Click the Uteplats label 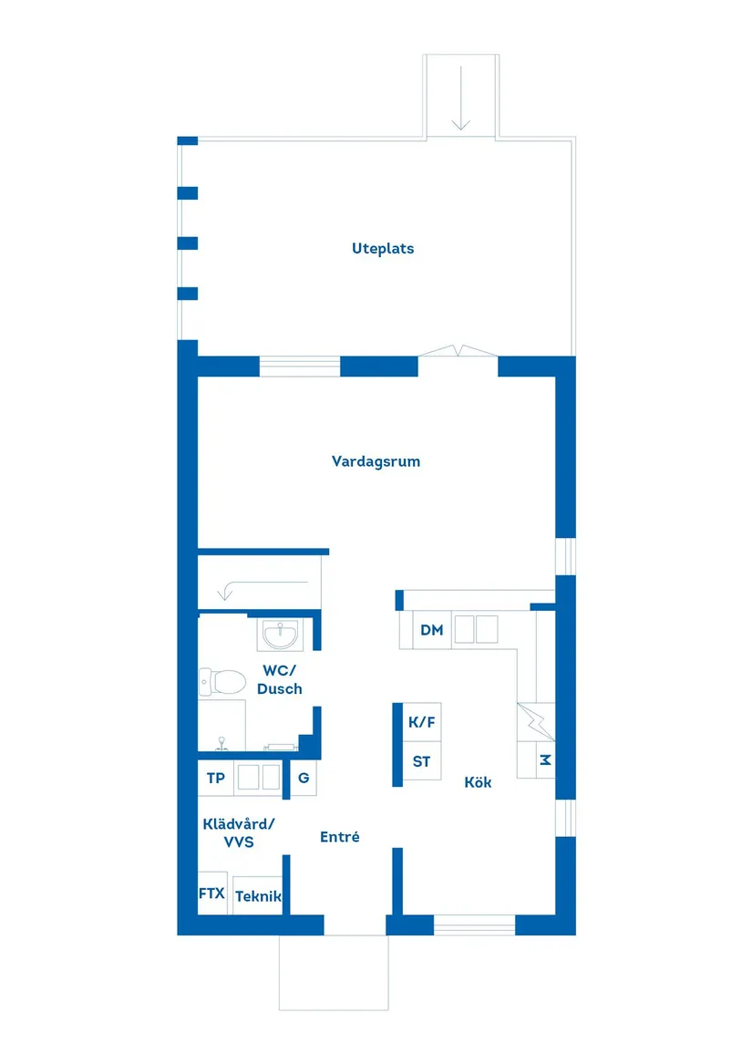[x=383, y=248]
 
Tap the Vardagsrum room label [x=376, y=461]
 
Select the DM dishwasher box [x=432, y=630]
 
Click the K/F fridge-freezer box [x=421, y=722]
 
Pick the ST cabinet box [x=421, y=762]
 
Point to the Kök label [x=478, y=782]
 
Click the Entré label [x=339, y=836]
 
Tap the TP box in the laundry [x=216, y=778]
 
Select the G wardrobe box [x=304, y=778]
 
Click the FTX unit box [x=211, y=894]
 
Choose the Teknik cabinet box [x=257, y=896]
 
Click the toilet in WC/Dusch [x=224, y=680]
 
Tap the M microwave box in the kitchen [x=545, y=759]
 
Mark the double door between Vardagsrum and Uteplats [x=458, y=352]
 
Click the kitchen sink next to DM [x=477, y=628]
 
